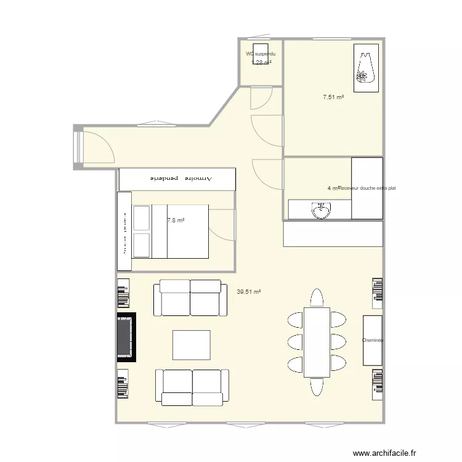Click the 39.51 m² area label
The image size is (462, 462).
pos(249,293)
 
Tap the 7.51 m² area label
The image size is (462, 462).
pos(333,97)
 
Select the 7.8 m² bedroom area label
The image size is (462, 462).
pos(176,219)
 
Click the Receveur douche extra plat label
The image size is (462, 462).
pos(367,188)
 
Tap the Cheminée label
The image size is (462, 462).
pos(373,340)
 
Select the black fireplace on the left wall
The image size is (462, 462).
pos(126,337)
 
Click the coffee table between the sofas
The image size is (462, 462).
pos(192,345)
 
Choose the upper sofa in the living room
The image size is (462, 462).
pos(190,298)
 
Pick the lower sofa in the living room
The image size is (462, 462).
pos(192,387)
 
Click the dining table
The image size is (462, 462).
pos(317,342)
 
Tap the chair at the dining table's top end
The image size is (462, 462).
pos(317,298)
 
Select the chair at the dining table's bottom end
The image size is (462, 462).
pos(317,386)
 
